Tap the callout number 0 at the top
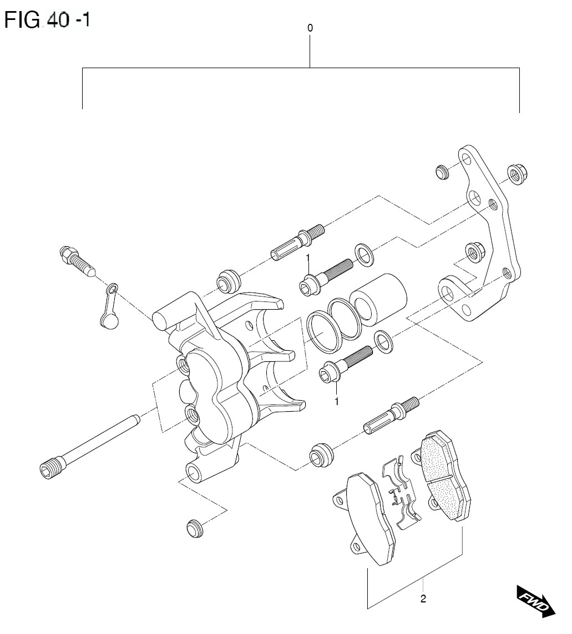[x=310, y=28]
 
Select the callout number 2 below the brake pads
[x=423, y=599]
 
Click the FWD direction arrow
[x=535, y=600]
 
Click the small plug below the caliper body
[x=194, y=528]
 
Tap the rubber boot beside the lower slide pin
[x=321, y=454]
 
